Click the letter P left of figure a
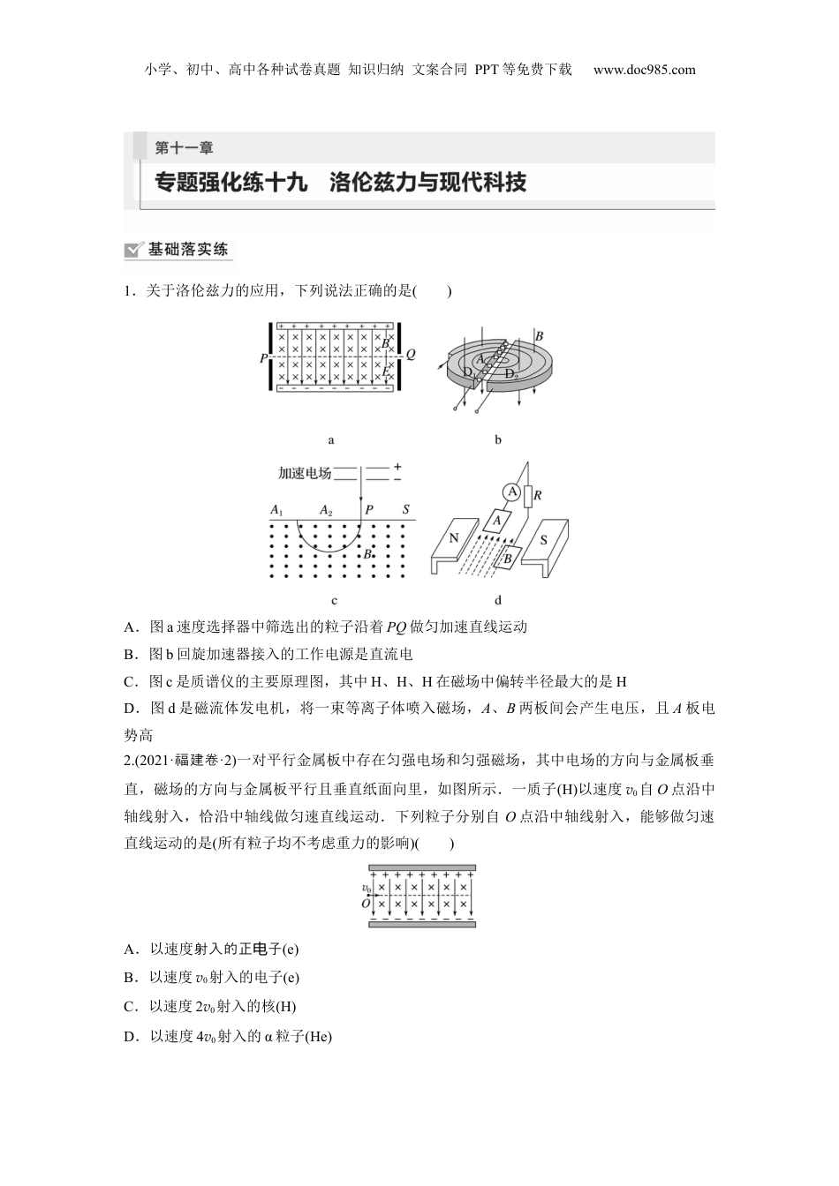[263, 358]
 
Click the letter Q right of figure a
[411, 355]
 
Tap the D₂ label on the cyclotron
[510, 374]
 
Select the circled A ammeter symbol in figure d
[510, 492]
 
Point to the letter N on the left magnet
[453, 538]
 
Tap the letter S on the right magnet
[544, 539]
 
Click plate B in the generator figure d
[509, 557]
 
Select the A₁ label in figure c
[276, 510]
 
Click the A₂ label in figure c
[325, 510]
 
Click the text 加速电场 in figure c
[304, 473]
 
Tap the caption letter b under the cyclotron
[498, 439]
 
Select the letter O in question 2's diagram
[365, 904]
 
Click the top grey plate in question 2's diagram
[422, 867]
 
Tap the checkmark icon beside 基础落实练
[134, 250]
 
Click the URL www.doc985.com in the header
[644, 70]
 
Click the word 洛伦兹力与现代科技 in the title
[427, 183]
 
